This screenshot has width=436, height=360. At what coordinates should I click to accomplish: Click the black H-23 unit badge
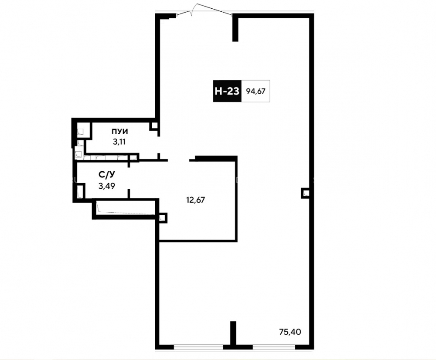227,91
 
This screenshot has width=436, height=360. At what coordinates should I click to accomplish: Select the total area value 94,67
256,91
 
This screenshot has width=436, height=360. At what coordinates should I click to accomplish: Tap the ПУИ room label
120,132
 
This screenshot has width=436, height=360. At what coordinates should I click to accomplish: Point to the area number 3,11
119,142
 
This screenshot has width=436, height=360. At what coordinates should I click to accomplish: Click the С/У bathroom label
107,175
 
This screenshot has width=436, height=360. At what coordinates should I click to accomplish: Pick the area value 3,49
107,186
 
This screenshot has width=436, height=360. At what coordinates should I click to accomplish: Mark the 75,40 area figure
290,332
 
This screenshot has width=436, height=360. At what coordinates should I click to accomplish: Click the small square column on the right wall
305,193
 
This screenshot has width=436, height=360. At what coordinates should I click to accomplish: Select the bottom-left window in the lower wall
198,347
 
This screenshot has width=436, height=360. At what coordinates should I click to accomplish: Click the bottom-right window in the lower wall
274,347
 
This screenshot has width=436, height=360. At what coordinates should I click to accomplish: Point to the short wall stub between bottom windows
233,333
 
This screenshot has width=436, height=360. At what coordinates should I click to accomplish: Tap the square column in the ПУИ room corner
153,126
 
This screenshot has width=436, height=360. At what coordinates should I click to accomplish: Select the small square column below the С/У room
163,217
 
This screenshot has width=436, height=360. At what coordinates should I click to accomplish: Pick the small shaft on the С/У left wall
80,191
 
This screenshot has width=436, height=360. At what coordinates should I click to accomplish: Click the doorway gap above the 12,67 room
178,160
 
